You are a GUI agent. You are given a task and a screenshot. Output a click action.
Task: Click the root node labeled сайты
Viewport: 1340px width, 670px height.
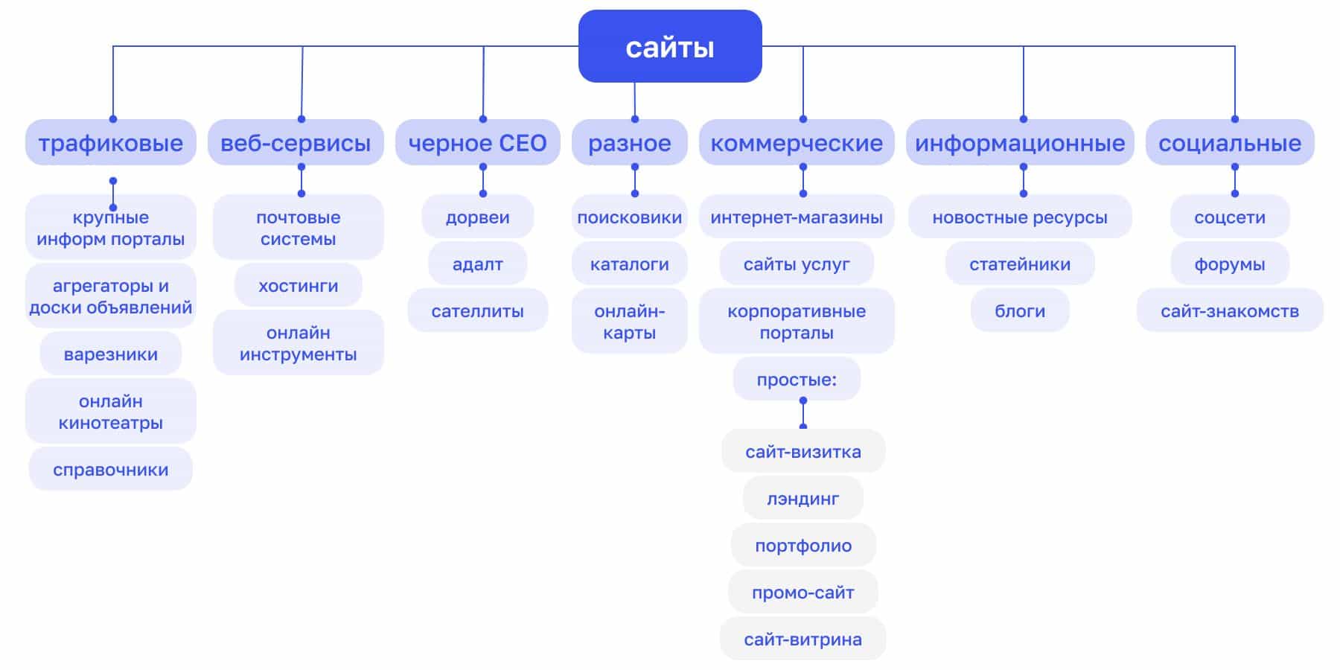coord(670,46)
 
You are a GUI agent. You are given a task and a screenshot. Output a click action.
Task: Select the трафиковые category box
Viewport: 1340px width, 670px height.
coord(111,142)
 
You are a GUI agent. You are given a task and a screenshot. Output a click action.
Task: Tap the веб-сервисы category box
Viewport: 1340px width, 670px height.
coord(296,142)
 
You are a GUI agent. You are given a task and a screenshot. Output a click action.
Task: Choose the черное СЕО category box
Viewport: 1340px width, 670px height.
coord(477,142)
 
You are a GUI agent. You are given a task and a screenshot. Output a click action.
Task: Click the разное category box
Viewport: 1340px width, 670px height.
coord(630,142)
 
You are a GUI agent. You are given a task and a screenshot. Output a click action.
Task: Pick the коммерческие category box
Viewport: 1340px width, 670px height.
coord(797,142)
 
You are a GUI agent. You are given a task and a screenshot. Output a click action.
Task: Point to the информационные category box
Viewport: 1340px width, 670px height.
coord(1020,142)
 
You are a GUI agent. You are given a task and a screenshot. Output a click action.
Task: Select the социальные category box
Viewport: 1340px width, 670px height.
coord(1230,142)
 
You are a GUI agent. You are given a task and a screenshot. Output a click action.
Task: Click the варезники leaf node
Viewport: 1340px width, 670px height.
coord(111,354)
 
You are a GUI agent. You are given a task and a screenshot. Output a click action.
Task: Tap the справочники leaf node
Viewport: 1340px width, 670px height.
coord(111,469)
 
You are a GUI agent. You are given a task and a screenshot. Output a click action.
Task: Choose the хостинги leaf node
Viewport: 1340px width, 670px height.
coord(298,285)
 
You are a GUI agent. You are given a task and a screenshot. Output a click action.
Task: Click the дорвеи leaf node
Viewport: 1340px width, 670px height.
coord(477,217)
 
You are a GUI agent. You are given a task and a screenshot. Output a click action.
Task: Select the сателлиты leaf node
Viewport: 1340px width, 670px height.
coord(477,310)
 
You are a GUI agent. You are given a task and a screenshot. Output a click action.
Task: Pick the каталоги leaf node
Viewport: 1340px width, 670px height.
coord(630,264)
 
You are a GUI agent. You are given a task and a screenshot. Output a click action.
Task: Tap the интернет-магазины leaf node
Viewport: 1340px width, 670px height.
coord(797,217)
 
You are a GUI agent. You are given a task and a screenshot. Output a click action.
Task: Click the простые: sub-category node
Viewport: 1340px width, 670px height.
coord(797,379)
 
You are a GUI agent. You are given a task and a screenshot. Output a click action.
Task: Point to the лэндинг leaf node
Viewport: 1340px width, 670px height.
coord(803,498)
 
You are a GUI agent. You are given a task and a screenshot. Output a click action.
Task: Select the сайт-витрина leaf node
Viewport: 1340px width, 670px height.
coord(803,639)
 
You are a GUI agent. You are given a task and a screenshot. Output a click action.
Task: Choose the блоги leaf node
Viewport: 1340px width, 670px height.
coord(1020,310)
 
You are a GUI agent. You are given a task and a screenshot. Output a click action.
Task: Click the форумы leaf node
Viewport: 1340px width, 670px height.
coord(1230,264)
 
